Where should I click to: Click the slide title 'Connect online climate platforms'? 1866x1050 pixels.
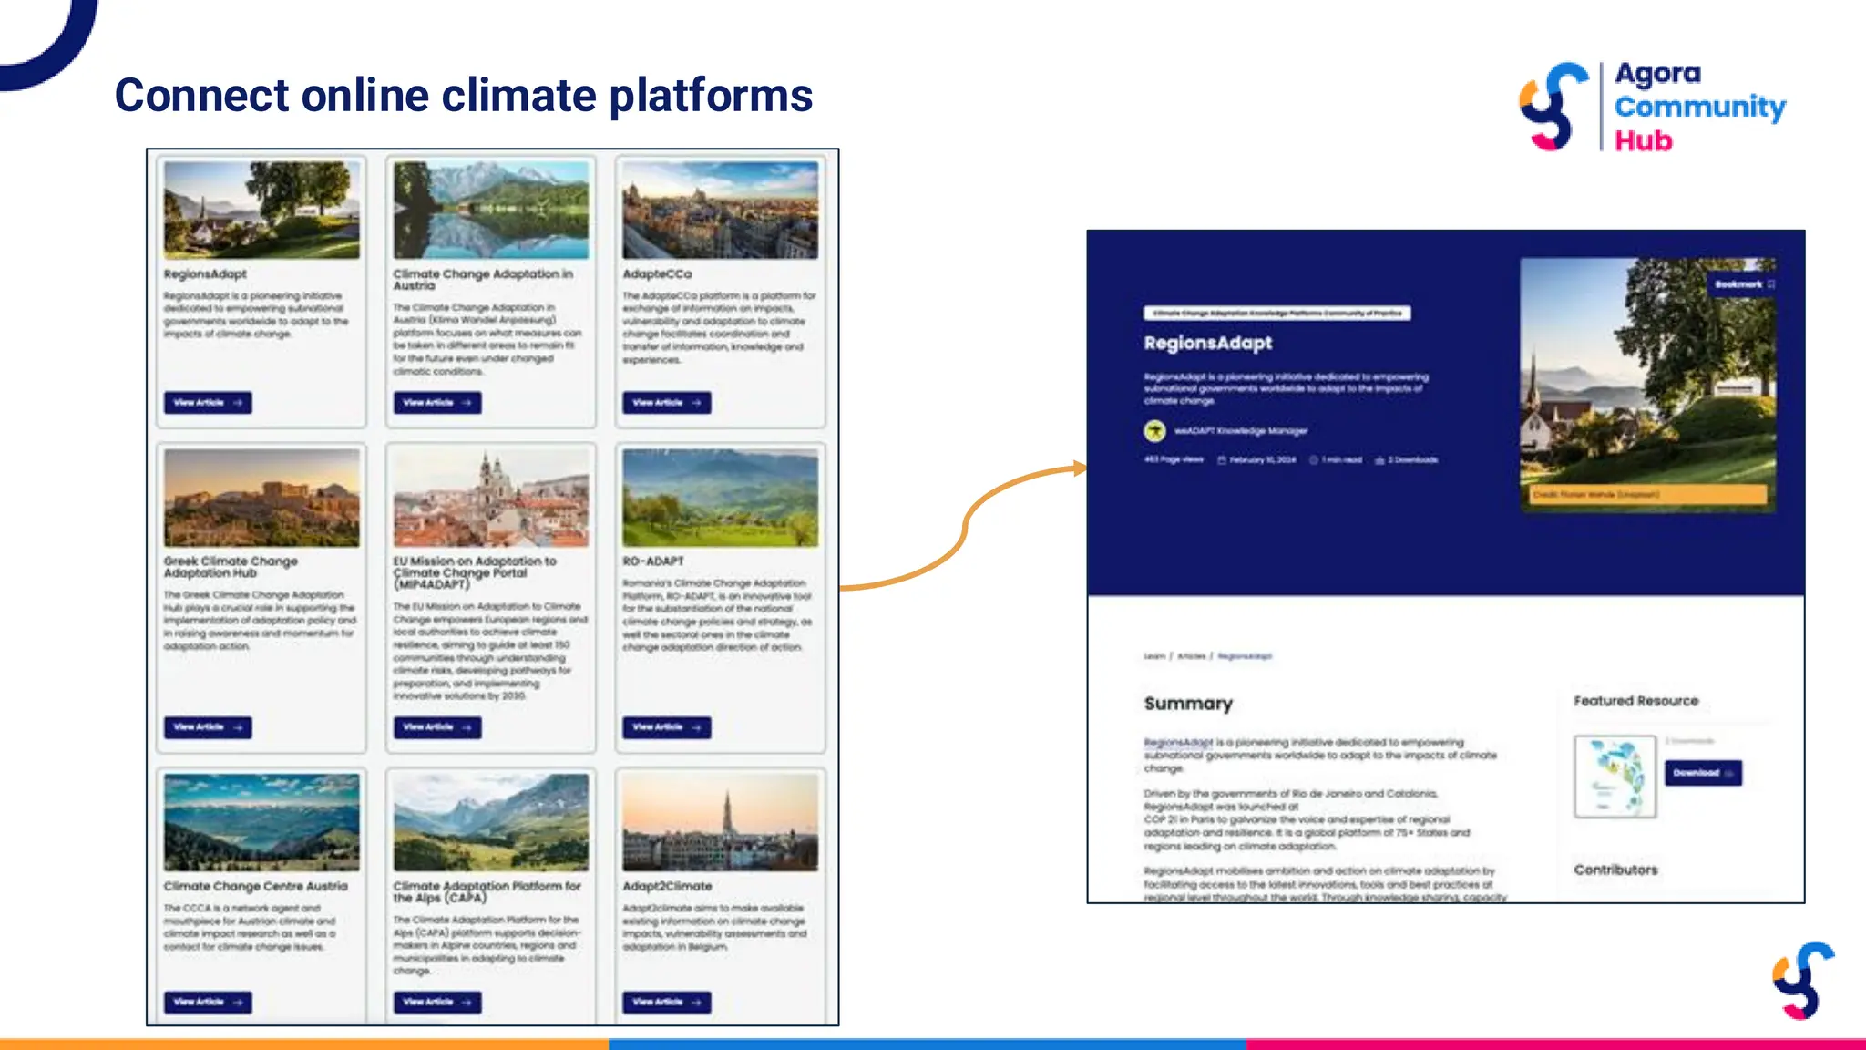coord(463,95)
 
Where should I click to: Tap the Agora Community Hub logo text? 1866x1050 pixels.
coord(1699,106)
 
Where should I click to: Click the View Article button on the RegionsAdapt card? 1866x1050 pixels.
coord(208,402)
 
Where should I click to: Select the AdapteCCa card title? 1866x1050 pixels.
coord(657,273)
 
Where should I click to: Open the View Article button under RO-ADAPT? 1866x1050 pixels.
coord(666,727)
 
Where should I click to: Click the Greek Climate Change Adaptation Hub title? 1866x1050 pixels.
coord(231,567)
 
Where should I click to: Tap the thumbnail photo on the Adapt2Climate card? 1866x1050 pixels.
coord(720,822)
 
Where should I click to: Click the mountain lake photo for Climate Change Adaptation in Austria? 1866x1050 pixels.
coord(490,210)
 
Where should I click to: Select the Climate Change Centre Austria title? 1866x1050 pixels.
coord(255,886)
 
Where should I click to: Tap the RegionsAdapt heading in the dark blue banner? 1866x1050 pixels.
coord(1207,343)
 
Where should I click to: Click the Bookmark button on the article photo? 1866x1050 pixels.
coord(1743,284)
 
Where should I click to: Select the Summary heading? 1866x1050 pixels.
coord(1188,703)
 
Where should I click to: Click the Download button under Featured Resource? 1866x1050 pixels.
coord(1702,773)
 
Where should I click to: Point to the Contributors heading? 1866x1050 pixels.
coord(1615,870)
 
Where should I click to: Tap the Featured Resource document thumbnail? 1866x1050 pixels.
coord(1615,776)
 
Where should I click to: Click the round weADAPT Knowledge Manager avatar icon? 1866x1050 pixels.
coord(1154,430)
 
